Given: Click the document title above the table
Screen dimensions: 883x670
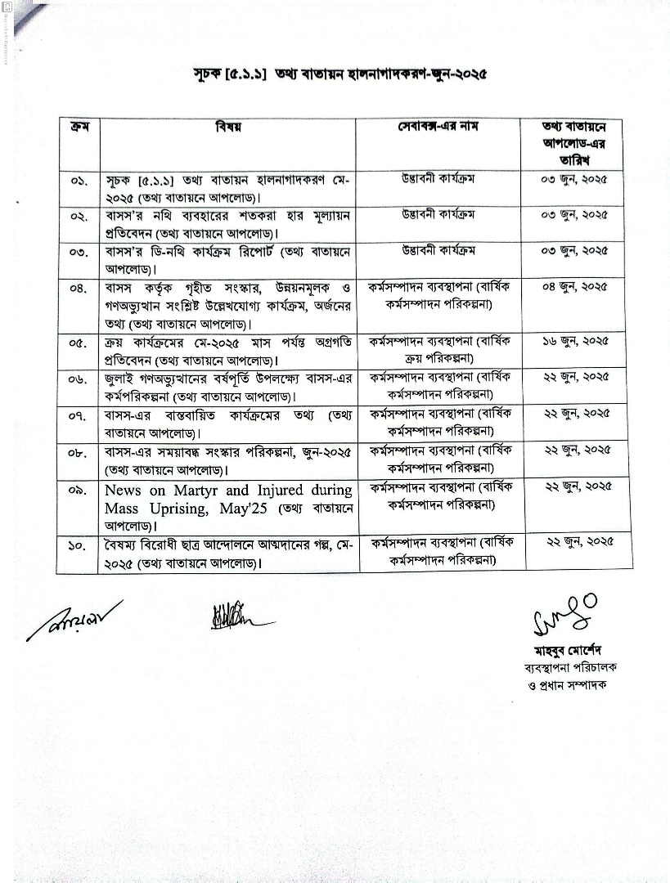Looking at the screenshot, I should tap(335, 74).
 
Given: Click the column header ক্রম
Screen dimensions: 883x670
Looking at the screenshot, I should tap(80, 128).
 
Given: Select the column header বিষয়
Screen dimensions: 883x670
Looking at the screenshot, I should tap(227, 128).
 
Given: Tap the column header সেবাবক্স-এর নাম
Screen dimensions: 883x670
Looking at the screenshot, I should tap(438, 128).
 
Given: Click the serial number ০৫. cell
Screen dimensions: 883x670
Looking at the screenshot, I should tap(79, 343).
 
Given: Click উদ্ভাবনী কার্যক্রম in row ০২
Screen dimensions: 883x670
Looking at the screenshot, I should tap(438, 215).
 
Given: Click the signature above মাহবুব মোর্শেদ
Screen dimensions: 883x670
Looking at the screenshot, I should tap(564, 613).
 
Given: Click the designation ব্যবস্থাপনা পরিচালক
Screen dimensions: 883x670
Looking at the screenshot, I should tap(569, 667).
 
